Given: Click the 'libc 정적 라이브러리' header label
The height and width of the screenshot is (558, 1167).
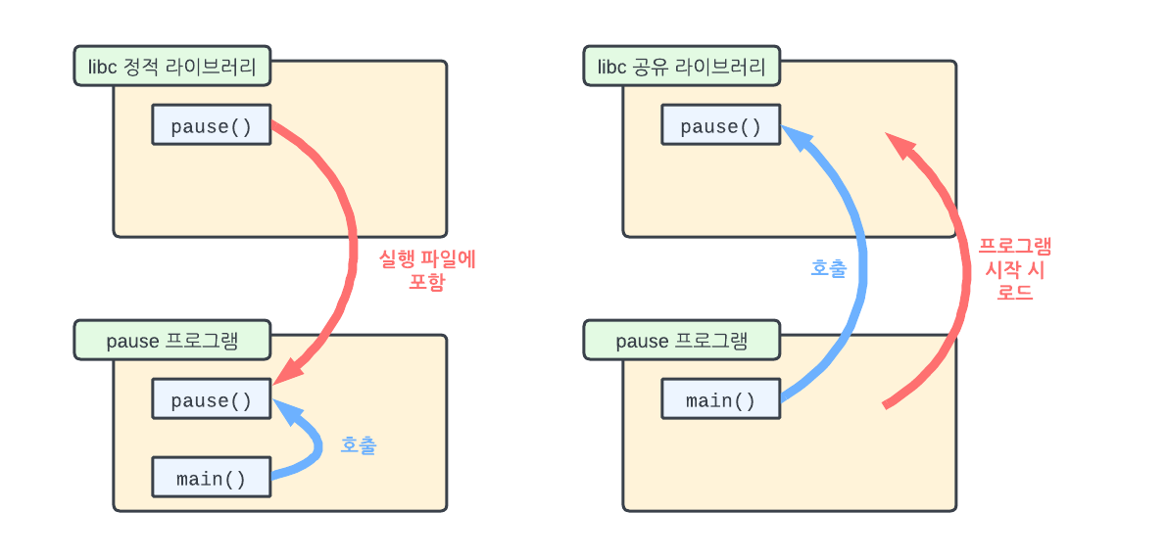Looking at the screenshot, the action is [x=172, y=68].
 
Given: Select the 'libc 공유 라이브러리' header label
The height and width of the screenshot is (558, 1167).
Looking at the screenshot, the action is [x=682, y=68].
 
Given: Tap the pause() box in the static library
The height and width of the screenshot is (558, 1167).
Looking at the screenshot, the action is [x=211, y=126].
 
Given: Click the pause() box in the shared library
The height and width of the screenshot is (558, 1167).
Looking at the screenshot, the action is [x=720, y=126].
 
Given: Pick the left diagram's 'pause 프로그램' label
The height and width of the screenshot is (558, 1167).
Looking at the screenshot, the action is [x=172, y=341].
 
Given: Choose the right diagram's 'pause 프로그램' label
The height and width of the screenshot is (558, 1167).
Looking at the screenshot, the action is [x=682, y=341].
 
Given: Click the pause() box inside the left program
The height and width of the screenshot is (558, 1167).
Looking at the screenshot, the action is [x=211, y=400].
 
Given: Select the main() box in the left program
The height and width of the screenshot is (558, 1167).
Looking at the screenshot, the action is [x=211, y=479].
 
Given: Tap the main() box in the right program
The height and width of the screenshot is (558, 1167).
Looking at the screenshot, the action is [x=720, y=400].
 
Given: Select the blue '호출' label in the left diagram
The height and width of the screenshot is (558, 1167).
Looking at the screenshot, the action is [x=358, y=445].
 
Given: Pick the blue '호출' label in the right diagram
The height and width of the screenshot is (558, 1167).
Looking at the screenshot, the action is [x=829, y=268].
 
